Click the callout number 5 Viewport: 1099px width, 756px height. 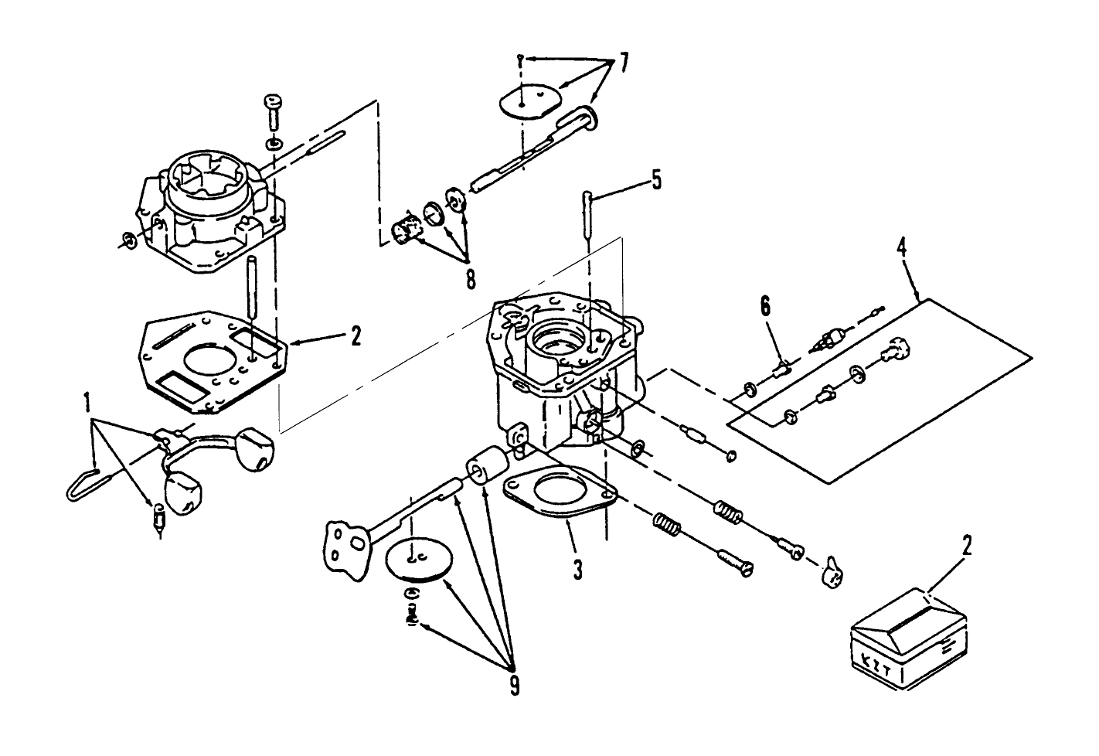click(x=655, y=180)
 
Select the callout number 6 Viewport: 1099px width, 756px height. click(x=765, y=307)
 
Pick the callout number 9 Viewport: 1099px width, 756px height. click(x=514, y=683)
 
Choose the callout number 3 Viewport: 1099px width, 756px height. click(x=577, y=571)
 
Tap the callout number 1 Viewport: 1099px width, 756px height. click(x=87, y=402)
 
